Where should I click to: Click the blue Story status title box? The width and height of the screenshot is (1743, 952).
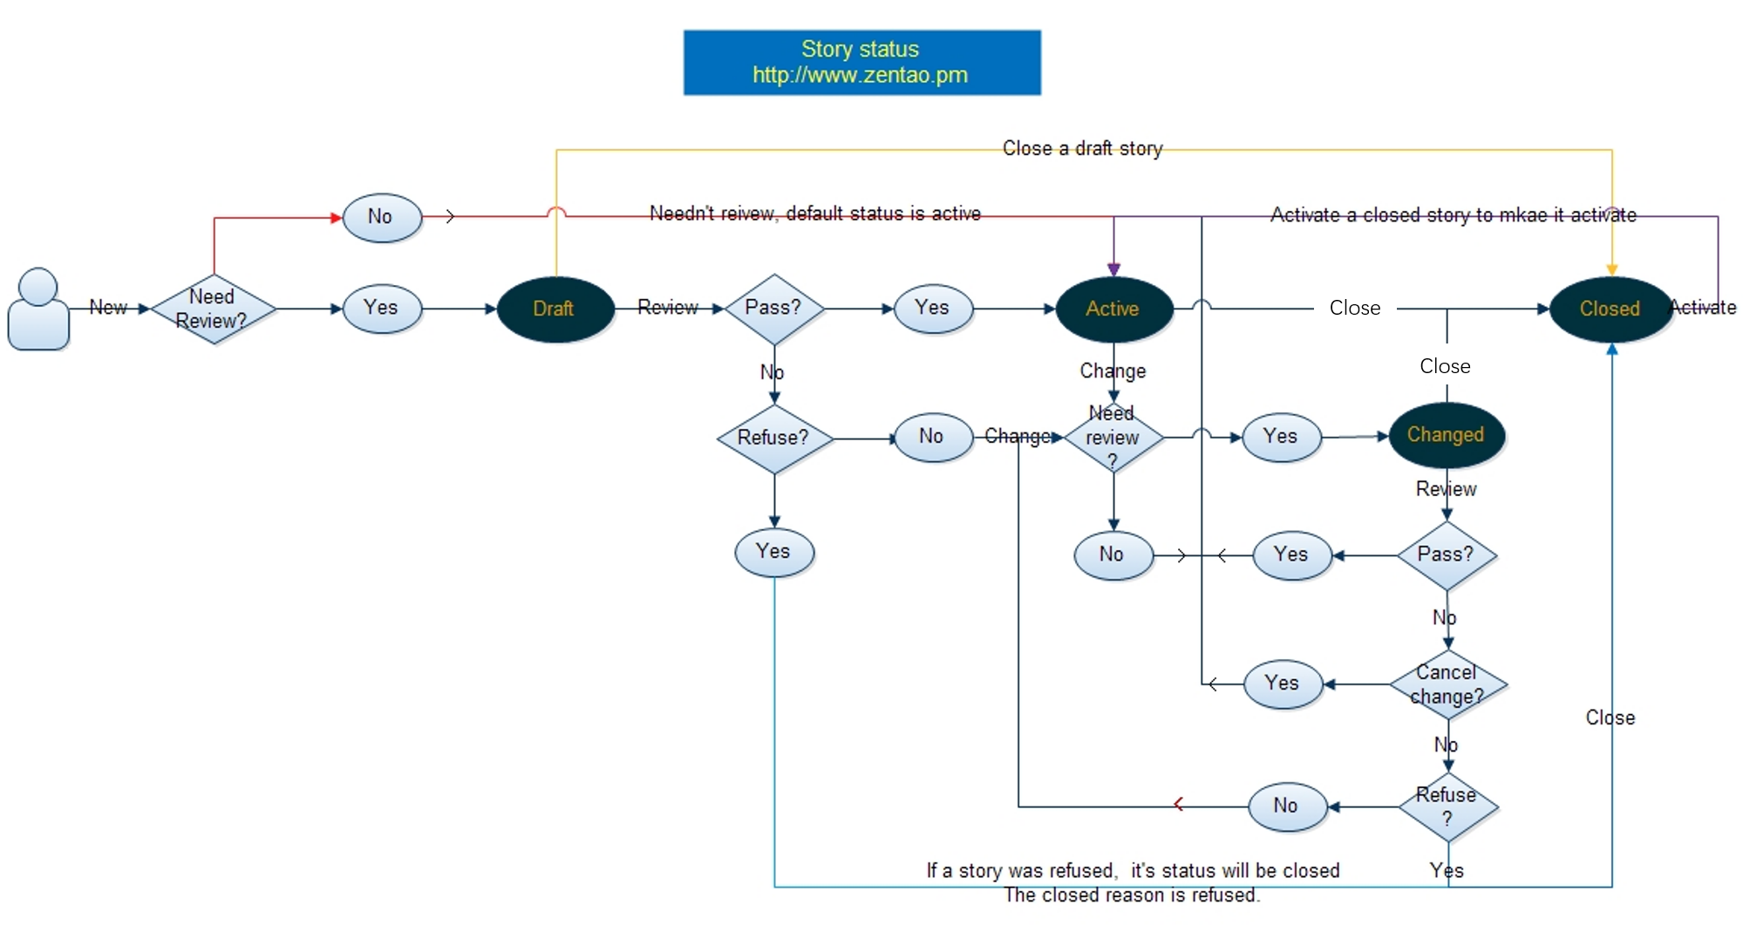[861, 62]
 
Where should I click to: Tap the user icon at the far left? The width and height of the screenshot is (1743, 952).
[38, 310]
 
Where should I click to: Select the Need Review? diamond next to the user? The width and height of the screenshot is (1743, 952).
[213, 309]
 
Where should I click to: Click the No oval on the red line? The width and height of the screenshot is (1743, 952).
[382, 217]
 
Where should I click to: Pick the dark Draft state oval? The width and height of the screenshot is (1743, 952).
[555, 309]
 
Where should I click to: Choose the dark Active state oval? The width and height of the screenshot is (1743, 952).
[1113, 309]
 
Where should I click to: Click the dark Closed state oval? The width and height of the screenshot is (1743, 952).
[1610, 309]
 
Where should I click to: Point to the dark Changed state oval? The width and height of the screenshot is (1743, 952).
[1446, 435]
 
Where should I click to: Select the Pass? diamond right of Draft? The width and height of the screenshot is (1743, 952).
[773, 308]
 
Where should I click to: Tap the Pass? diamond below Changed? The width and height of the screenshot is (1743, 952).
[1447, 555]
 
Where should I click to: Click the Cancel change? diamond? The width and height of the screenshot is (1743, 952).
[1447, 684]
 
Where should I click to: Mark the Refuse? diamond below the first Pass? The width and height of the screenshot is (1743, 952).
[774, 438]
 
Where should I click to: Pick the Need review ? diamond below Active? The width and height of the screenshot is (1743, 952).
[1113, 438]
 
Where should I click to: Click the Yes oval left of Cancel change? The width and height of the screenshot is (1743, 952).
[1283, 683]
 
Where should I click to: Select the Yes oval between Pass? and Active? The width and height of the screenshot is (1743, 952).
[933, 308]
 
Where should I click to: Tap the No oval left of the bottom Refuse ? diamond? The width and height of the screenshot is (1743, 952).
[1287, 806]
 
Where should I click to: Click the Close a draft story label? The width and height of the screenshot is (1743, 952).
[1082, 149]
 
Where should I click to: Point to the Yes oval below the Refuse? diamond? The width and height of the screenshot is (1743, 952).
[774, 552]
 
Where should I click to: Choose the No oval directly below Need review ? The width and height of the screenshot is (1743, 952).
[1113, 554]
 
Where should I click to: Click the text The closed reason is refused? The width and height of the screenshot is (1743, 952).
[1131, 895]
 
